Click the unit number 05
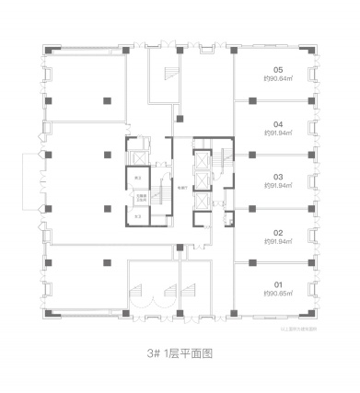(x=277, y=70)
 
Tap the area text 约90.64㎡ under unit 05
(x=277, y=78)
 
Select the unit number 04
(x=277, y=121)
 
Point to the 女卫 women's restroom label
(x=137, y=216)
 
